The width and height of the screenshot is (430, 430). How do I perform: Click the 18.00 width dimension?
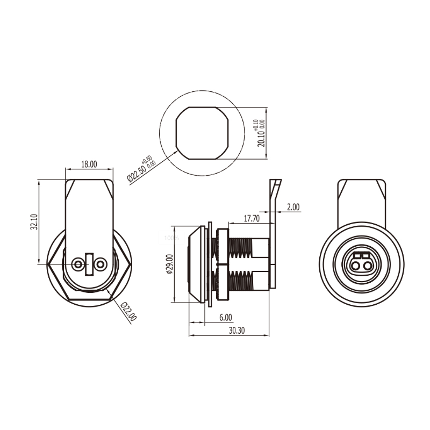tap(89, 164)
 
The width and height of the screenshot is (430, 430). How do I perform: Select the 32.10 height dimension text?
tap(33, 222)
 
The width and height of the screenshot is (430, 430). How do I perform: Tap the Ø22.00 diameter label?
tap(128, 311)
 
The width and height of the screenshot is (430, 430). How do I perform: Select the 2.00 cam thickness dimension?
tap(293, 207)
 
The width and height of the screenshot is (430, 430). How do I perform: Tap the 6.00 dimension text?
tap(225, 318)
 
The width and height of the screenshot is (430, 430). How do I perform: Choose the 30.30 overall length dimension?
tap(236, 331)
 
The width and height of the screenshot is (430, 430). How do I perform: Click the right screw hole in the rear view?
tap(100, 264)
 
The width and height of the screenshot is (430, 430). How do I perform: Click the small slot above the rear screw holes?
tap(90, 256)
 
